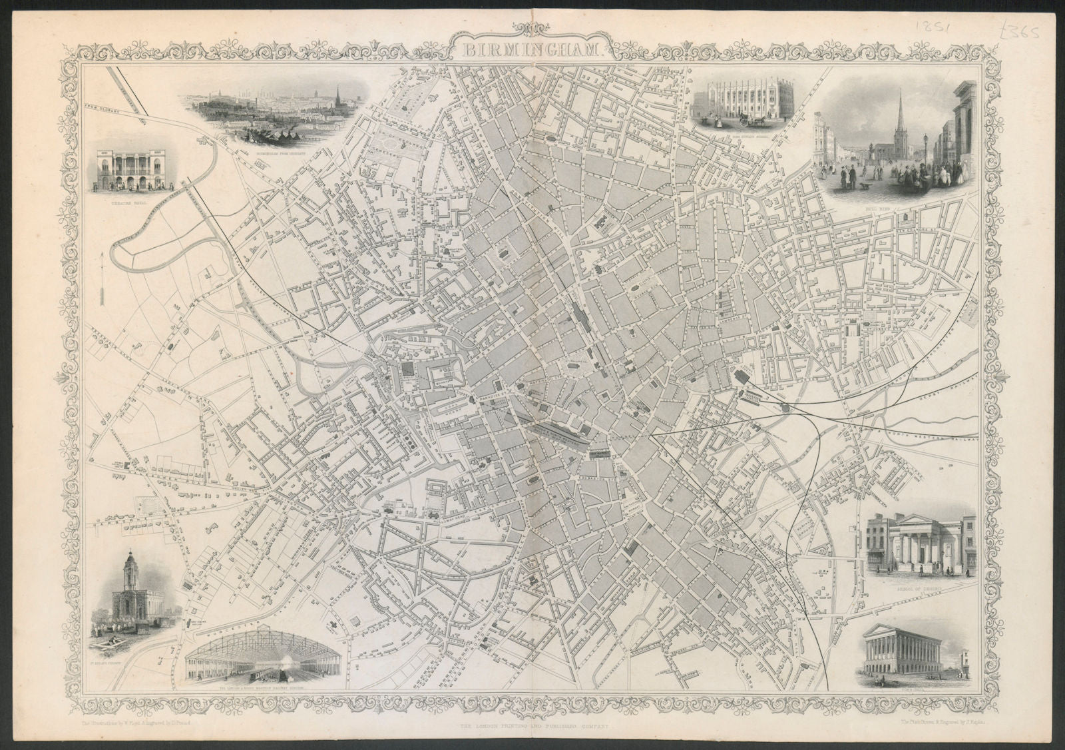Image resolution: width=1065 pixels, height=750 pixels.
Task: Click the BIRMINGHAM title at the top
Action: tap(532, 48)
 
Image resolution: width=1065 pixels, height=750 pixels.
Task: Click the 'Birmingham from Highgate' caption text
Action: tap(280, 153)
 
